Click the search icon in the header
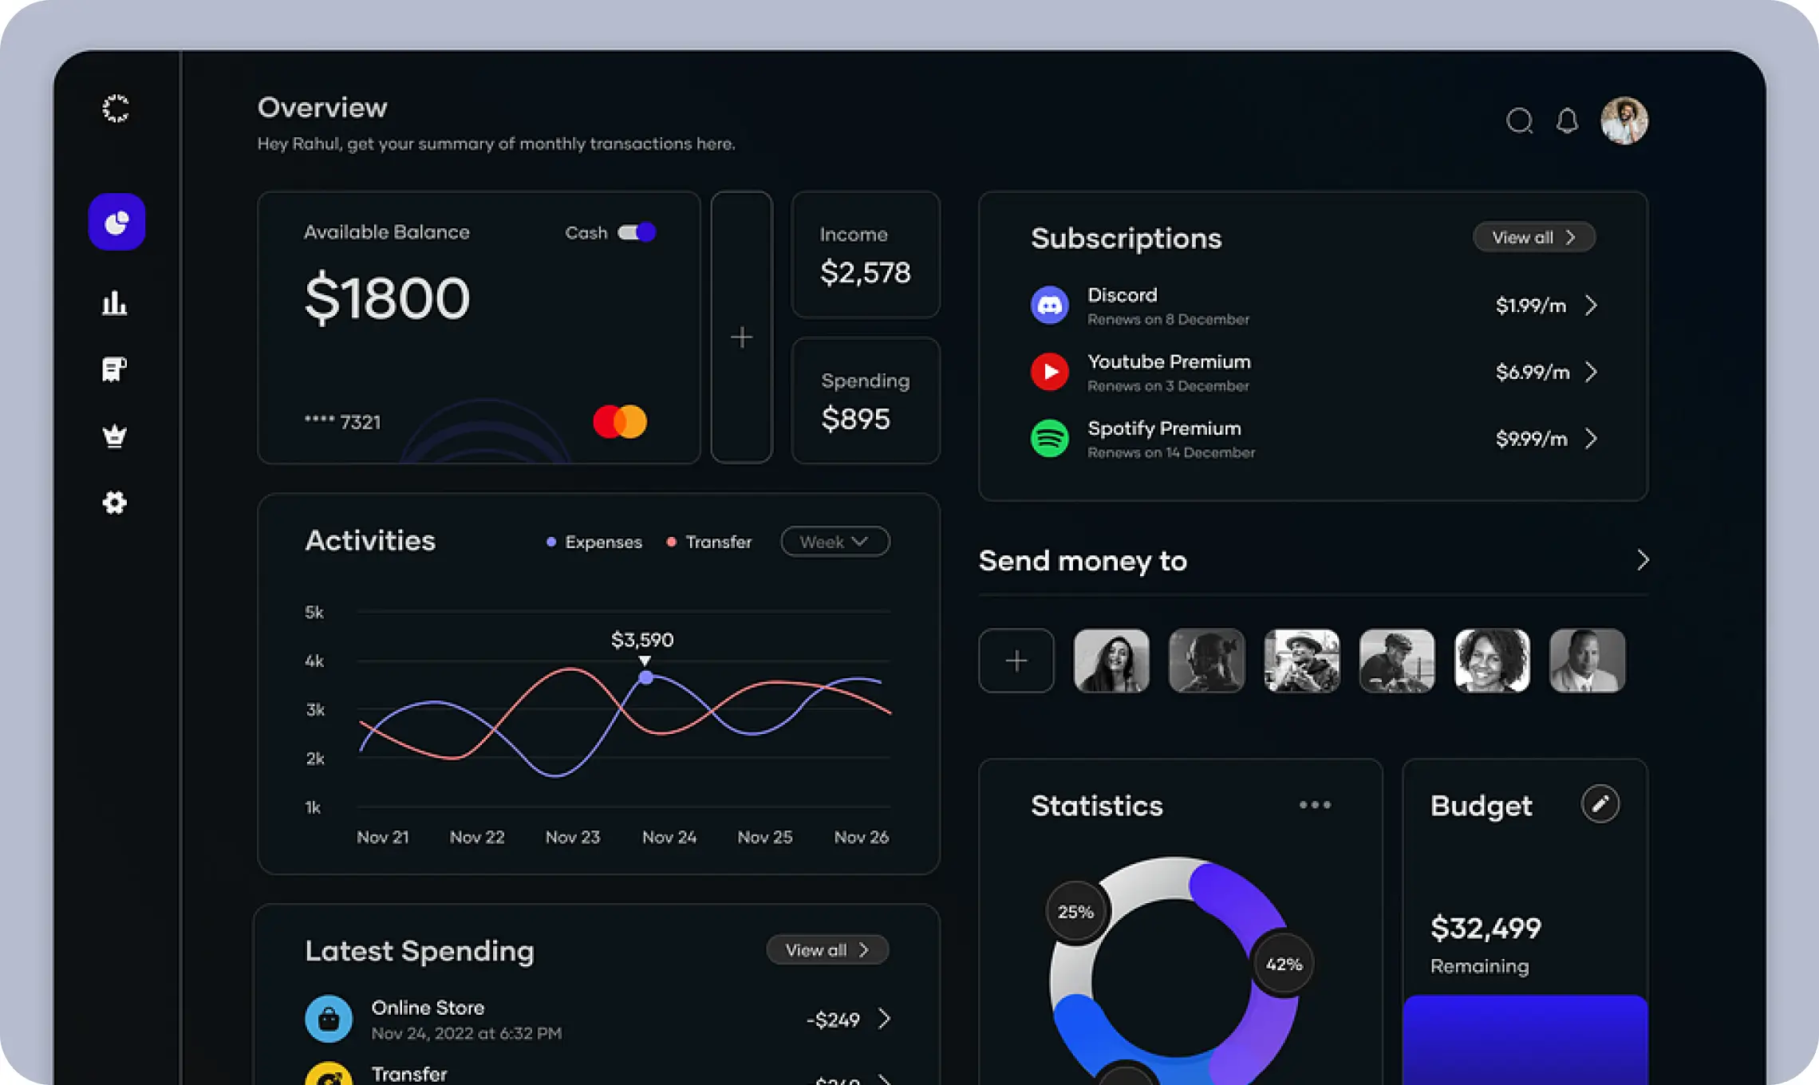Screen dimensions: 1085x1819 (x=1519, y=121)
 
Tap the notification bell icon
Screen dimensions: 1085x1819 (x=1567, y=121)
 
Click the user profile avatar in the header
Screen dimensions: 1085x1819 (x=1624, y=121)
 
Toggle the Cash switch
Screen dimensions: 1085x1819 (x=637, y=232)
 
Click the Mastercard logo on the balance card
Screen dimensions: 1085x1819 (x=620, y=421)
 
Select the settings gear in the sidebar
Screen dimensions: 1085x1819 (x=115, y=503)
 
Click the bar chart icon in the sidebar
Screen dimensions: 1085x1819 (x=115, y=303)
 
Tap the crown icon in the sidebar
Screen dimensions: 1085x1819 (x=115, y=436)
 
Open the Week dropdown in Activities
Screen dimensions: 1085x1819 (x=835, y=542)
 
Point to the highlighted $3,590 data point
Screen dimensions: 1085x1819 (x=646, y=677)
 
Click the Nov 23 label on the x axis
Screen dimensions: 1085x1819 (x=572, y=837)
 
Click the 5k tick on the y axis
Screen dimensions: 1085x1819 (x=314, y=613)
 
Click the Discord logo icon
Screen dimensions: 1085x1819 (x=1050, y=306)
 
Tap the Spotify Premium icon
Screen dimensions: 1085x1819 (x=1050, y=439)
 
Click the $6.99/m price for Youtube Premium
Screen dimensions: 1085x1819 (x=1532, y=373)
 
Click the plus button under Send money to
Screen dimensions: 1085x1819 (x=1016, y=661)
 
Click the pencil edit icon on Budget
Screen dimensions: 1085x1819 (x=1600, y=804)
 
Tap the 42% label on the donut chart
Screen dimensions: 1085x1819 (x=1284, y=965)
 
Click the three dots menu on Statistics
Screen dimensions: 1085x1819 (x=1315, y=805)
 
